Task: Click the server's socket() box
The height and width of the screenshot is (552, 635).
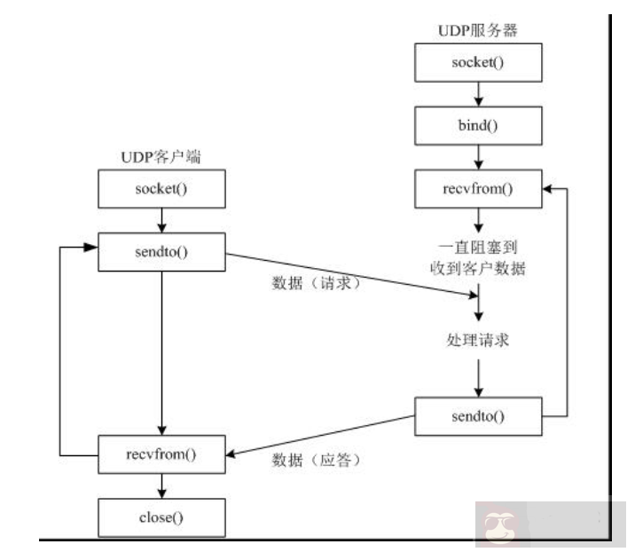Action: [x=478, y=65]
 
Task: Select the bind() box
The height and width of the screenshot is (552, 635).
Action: [x=478, y=125]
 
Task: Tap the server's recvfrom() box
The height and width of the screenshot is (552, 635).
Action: [x=478, y=188]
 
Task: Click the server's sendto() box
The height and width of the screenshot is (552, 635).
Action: [x=478, y=414]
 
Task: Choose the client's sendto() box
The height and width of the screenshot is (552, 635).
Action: [x=162, y=252]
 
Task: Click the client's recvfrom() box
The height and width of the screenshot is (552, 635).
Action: [x=162, y=454]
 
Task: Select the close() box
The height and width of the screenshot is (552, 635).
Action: [x=162, y=515]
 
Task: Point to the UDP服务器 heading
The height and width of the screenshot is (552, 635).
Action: [x=478, y=31]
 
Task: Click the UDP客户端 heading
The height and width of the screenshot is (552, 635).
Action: [x=161, y=157]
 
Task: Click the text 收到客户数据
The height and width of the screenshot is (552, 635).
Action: [x=478, y=270]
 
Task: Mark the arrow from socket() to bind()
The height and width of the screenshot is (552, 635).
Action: [x=478, y=95]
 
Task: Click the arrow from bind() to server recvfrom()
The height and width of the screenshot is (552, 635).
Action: [x=478, y=156]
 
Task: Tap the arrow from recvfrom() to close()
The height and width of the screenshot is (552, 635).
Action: [x=162, y=485]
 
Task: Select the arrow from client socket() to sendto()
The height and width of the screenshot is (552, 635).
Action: [x=162, y=220]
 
